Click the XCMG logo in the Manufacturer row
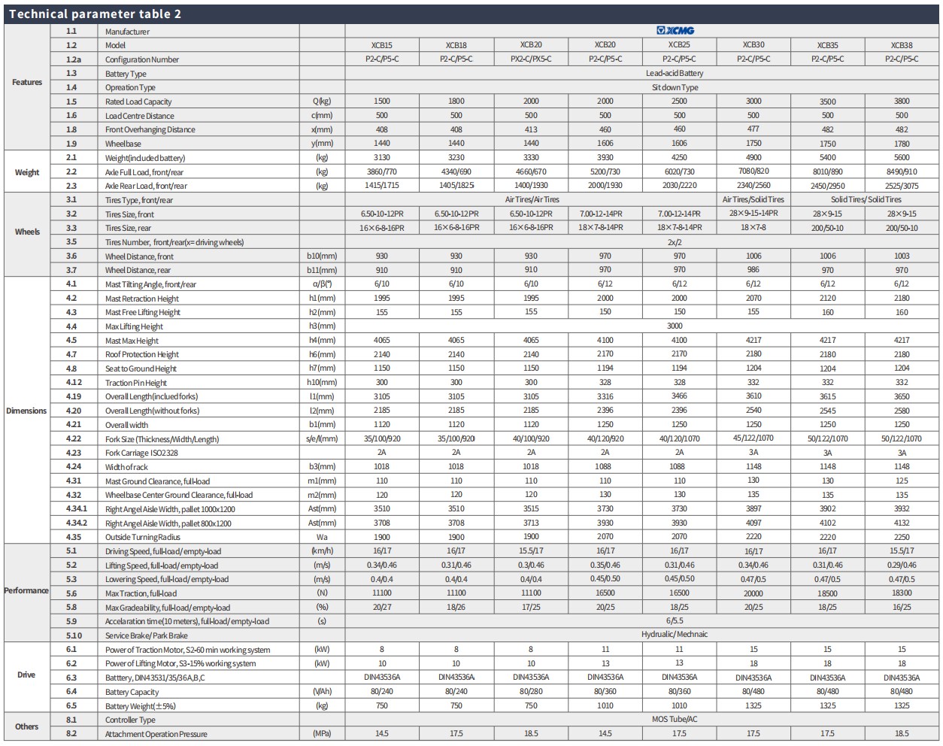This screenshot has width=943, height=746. [675, 30]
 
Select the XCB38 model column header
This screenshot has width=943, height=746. [902, 45]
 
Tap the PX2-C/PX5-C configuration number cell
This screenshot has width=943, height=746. [531, 59]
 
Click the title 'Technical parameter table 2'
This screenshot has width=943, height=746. [95, 14]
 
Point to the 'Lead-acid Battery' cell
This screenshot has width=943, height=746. [675, 73]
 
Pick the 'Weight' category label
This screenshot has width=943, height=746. [27, 172]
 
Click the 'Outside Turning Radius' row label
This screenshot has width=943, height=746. [142, 537]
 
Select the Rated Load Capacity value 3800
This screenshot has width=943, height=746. [902, 102]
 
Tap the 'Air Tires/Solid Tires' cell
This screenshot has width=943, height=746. [753, 199]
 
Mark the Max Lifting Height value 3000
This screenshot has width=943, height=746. [675, 326]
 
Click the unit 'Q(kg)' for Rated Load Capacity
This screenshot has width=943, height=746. [322, 102]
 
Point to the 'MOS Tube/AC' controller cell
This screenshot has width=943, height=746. [675, 719]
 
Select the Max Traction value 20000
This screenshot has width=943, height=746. [753, 593]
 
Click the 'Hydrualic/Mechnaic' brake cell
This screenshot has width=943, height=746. [675, 634]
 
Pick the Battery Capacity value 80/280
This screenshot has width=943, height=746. [531, 691]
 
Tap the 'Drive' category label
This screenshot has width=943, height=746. [26, 675]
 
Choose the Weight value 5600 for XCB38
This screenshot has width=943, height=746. [902, 157]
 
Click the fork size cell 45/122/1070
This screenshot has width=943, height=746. [753, 438]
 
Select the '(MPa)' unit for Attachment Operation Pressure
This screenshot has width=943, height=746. [322, 733]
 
